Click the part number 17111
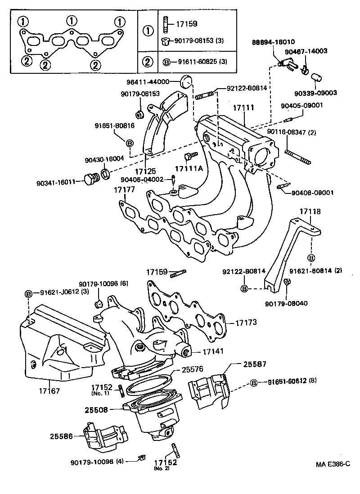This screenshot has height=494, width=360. (243, 108)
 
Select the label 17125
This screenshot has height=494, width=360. (145, 171)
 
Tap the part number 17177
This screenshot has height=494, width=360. (124, 190)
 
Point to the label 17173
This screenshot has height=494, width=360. (246, 322)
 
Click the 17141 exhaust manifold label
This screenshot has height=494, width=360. (213, 351)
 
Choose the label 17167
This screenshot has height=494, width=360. (49, 391)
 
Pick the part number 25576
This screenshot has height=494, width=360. (192, 369)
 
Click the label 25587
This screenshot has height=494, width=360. (255, 364)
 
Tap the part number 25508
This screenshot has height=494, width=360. (96, 410)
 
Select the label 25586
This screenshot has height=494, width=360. (61, 436)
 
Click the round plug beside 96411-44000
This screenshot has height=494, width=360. (185, 81)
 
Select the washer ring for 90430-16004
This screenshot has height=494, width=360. (106, 173)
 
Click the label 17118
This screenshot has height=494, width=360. (310, 211)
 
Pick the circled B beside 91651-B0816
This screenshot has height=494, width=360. (130, 144)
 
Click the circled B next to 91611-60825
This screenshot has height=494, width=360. (166, 62)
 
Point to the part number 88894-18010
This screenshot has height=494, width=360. (273, 42)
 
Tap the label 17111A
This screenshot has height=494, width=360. (189, 169)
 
